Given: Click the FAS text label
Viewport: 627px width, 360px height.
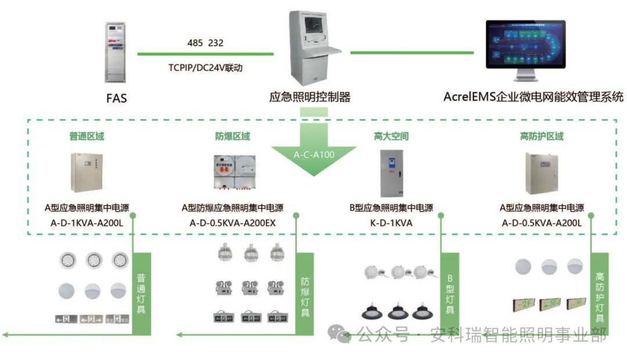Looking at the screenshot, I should point(116,98).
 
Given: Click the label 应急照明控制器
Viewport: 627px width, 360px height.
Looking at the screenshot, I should point(310,97).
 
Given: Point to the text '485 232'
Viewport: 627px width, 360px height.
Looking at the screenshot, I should point(206,43).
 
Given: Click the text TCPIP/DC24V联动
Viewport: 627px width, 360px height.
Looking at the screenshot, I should point(205,67).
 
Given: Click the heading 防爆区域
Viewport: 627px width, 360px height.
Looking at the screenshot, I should point(232,136).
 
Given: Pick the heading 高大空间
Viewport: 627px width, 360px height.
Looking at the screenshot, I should point(391,136).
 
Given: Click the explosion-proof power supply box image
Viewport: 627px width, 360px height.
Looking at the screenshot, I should point(233,174).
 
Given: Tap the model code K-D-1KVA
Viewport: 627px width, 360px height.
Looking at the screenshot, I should point(391,222).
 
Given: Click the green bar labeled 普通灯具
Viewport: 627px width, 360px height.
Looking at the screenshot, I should point(142,293).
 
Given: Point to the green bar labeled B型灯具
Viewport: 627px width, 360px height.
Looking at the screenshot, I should point(449,293).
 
